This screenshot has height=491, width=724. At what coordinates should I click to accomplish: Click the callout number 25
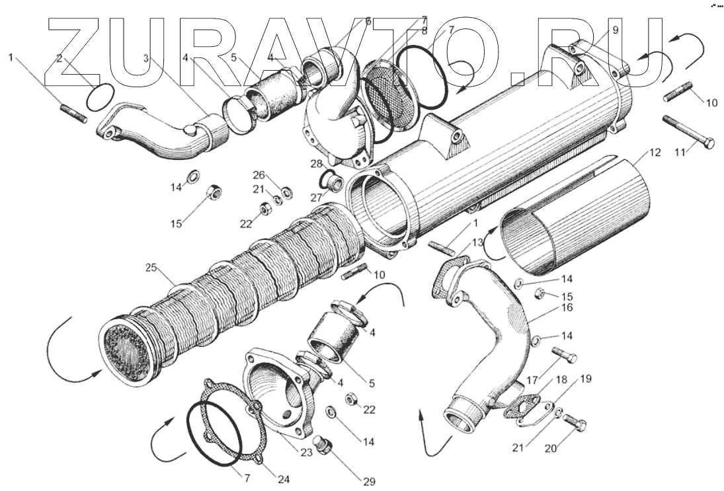[151, 268]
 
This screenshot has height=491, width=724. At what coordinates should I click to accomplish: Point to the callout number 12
[654, 152]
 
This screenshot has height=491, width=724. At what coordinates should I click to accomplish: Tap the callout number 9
[615, 30]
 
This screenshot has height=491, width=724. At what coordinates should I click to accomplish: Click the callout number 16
[568, 308]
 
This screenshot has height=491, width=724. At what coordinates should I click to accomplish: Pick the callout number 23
[305, 454]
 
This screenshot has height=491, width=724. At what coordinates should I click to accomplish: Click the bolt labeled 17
[564, 354]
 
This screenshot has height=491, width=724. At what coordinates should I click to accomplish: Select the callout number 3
[145, 59]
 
